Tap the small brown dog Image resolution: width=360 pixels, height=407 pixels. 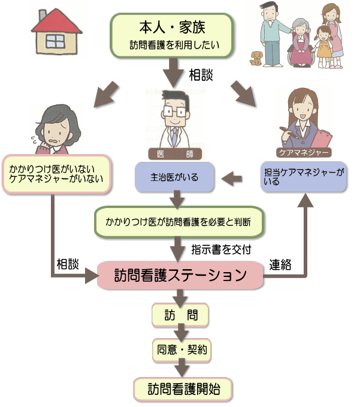256,58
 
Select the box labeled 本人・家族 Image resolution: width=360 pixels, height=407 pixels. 172,35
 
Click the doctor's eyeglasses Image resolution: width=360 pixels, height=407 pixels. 174,112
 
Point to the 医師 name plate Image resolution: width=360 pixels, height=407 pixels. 175,154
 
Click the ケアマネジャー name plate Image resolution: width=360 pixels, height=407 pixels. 304,152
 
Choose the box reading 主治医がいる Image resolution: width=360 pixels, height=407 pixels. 174,177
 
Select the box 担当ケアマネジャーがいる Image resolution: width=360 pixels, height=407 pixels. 304,177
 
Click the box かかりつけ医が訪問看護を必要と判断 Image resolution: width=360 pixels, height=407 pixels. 179,222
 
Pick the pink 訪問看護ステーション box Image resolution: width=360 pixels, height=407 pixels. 180,275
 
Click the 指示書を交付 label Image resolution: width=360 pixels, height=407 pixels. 221,249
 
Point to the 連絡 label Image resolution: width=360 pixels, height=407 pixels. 280,265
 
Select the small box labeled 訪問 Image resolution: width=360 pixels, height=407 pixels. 180,315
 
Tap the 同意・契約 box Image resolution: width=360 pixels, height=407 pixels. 182,350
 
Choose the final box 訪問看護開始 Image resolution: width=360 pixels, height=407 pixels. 183,389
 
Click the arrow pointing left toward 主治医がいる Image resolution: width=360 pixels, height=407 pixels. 232,179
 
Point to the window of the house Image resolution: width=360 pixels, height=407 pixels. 55,41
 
